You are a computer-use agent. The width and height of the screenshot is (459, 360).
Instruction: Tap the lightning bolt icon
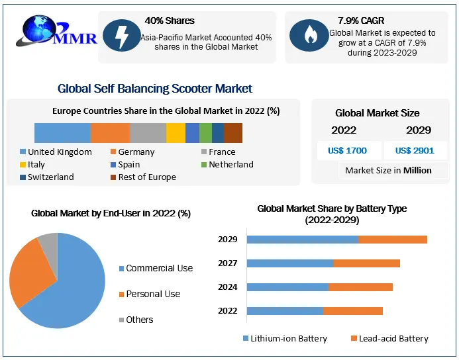coord(121,37)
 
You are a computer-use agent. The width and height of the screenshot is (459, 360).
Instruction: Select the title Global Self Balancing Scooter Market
coord(155,89)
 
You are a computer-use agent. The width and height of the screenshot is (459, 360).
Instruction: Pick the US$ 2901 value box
coord(415,150)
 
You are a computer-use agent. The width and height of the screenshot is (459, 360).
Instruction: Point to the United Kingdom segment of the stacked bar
coord(62,133)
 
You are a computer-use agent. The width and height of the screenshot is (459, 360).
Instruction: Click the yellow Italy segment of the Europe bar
coord(176,133)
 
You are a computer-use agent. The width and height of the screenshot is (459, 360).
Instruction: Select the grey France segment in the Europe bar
coord(148,133)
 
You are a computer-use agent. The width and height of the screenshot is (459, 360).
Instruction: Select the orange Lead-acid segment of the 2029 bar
coord(392,240)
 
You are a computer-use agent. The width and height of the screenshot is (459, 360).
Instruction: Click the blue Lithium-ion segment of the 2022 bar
coord(285,311)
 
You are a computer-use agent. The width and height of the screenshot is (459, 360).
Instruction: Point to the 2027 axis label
coord(228,263)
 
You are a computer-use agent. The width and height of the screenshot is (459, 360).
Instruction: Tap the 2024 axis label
coord(228,287)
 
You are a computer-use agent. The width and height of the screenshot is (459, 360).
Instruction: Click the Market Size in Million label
coord(388,171)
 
